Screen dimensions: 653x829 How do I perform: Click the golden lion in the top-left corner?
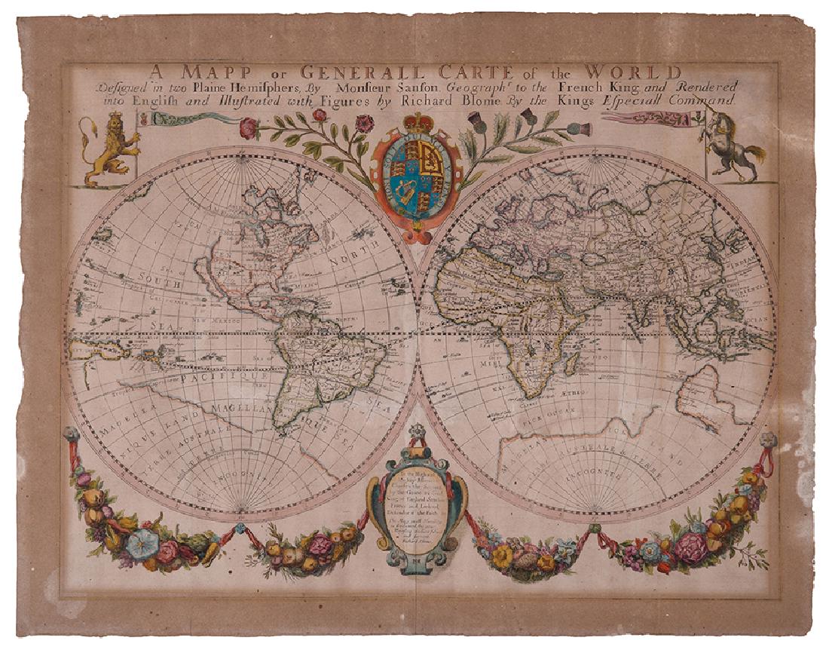108,149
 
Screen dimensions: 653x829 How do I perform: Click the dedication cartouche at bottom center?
416,513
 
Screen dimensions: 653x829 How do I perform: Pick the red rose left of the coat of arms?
248,128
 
